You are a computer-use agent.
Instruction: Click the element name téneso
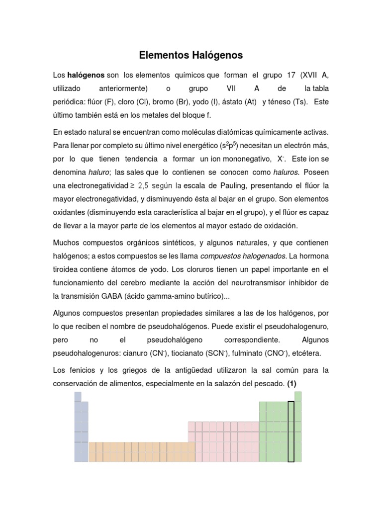279,101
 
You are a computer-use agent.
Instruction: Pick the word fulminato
253,353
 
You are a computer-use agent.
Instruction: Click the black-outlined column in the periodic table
291,431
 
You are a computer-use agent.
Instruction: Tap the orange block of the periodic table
138,451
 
